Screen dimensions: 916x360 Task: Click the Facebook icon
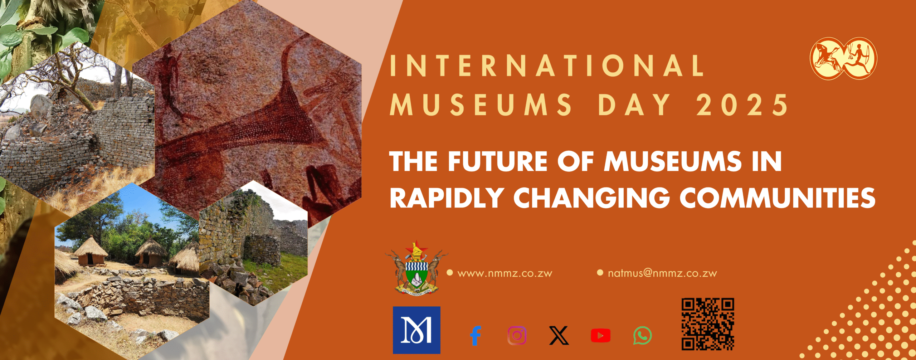[x=476, y=336]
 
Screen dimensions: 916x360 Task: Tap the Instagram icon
[x=517, y=336]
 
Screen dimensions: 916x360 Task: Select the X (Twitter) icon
[x=559, y=336]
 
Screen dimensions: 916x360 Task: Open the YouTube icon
[x=600, y=336]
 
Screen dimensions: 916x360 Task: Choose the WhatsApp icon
[x=642, y=336]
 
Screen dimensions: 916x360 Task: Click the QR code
[x=708, y=324]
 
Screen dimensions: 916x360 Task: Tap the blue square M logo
[x=416, y=330]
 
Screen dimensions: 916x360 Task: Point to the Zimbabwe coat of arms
[x=416, y=268]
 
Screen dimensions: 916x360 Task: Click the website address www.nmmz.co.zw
[x=505, y=273]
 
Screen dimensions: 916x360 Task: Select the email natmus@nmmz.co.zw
[x=662, y=273]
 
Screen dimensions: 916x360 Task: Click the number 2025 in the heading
[x=742, y=105]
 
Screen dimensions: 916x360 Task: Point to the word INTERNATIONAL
[x=547, y=65]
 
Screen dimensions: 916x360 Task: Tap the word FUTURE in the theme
[x=498, y=161]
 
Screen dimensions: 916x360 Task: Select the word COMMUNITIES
[x=778, y=198]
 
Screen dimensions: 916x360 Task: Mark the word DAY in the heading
[x=634, y=105]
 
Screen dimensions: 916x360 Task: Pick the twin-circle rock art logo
[x=844, y=58]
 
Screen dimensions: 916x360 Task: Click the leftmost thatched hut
[x=90, y=252]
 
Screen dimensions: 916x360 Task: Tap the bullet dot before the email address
[x=600, y=273]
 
